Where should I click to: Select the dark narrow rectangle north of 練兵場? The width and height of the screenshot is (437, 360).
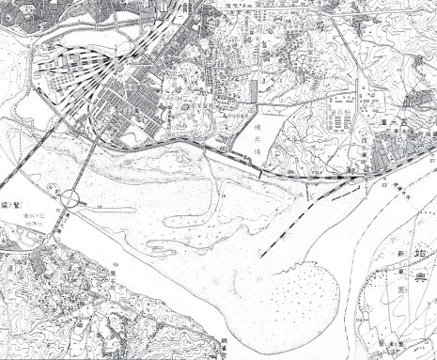click(x=256, y=89)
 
